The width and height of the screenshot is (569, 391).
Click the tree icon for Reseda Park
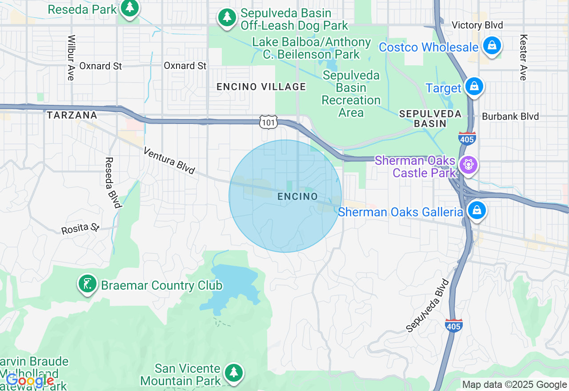pos(129,8)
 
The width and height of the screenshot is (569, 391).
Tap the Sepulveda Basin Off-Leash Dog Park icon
pos(227,17)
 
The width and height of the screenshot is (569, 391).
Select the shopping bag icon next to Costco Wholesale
pos(492,45)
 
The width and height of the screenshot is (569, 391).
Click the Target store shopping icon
pos(474,86)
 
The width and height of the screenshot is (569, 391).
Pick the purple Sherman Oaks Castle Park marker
pos(468,165)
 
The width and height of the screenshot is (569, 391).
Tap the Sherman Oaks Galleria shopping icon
pos(477,210)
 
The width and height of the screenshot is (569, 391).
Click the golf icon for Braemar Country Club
pos(88,284)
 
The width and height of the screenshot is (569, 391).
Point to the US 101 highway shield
pos(269,122)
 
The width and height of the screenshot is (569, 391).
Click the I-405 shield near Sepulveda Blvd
pos(453,326)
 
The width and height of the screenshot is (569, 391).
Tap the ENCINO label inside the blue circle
pos(297,196)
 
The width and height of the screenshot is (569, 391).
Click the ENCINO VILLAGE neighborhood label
pos(261,87)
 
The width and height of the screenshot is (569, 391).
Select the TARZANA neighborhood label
pos(72,115)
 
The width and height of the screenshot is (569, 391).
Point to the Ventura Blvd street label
pos(169,161)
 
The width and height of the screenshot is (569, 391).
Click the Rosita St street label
pos(80,228)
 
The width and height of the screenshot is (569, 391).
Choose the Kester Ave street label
pos(523,58)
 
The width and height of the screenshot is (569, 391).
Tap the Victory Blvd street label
pos(477,25)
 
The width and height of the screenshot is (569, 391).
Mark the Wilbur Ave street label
pos(71,58)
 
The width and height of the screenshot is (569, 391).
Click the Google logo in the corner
pos(30,381)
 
